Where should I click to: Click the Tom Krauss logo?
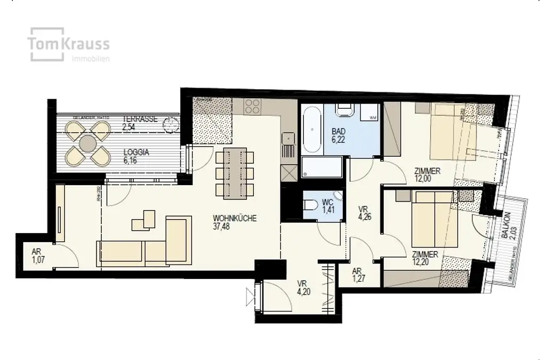click(x=70, y=44)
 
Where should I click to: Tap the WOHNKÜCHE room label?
click(x=235, y=218)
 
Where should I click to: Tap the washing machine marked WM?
click(x=371, y=114)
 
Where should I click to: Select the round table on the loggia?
click(x=86, y=143)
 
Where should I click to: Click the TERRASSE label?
click(x=140, y=119)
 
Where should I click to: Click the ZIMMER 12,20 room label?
click(x=425, y=258)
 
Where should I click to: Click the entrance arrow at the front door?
click(x=250, y=294)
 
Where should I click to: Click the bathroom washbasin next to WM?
click(x=344, y=110)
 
